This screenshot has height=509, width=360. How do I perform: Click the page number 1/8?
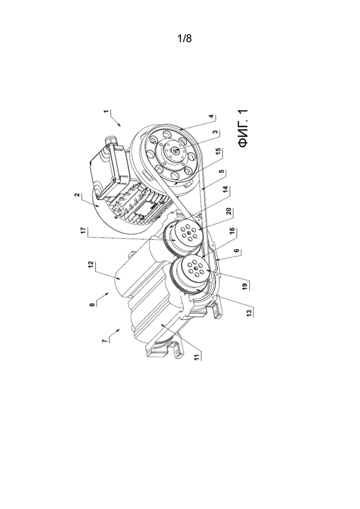[x=184, y=39]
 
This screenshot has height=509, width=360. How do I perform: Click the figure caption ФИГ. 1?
[x=244, y=129]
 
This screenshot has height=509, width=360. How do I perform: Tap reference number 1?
[x=106, y=112]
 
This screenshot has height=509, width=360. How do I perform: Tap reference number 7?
[x=104, y=341]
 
